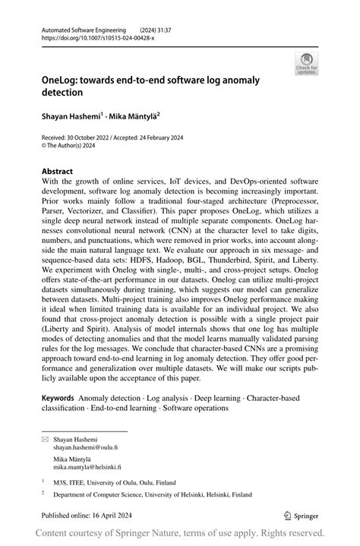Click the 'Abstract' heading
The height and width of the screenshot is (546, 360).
pos(58,172)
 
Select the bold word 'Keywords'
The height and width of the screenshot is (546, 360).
pos(58,398)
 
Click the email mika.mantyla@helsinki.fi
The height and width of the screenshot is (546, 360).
pos(98,468)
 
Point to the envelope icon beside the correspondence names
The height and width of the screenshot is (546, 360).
pos(45,440)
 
